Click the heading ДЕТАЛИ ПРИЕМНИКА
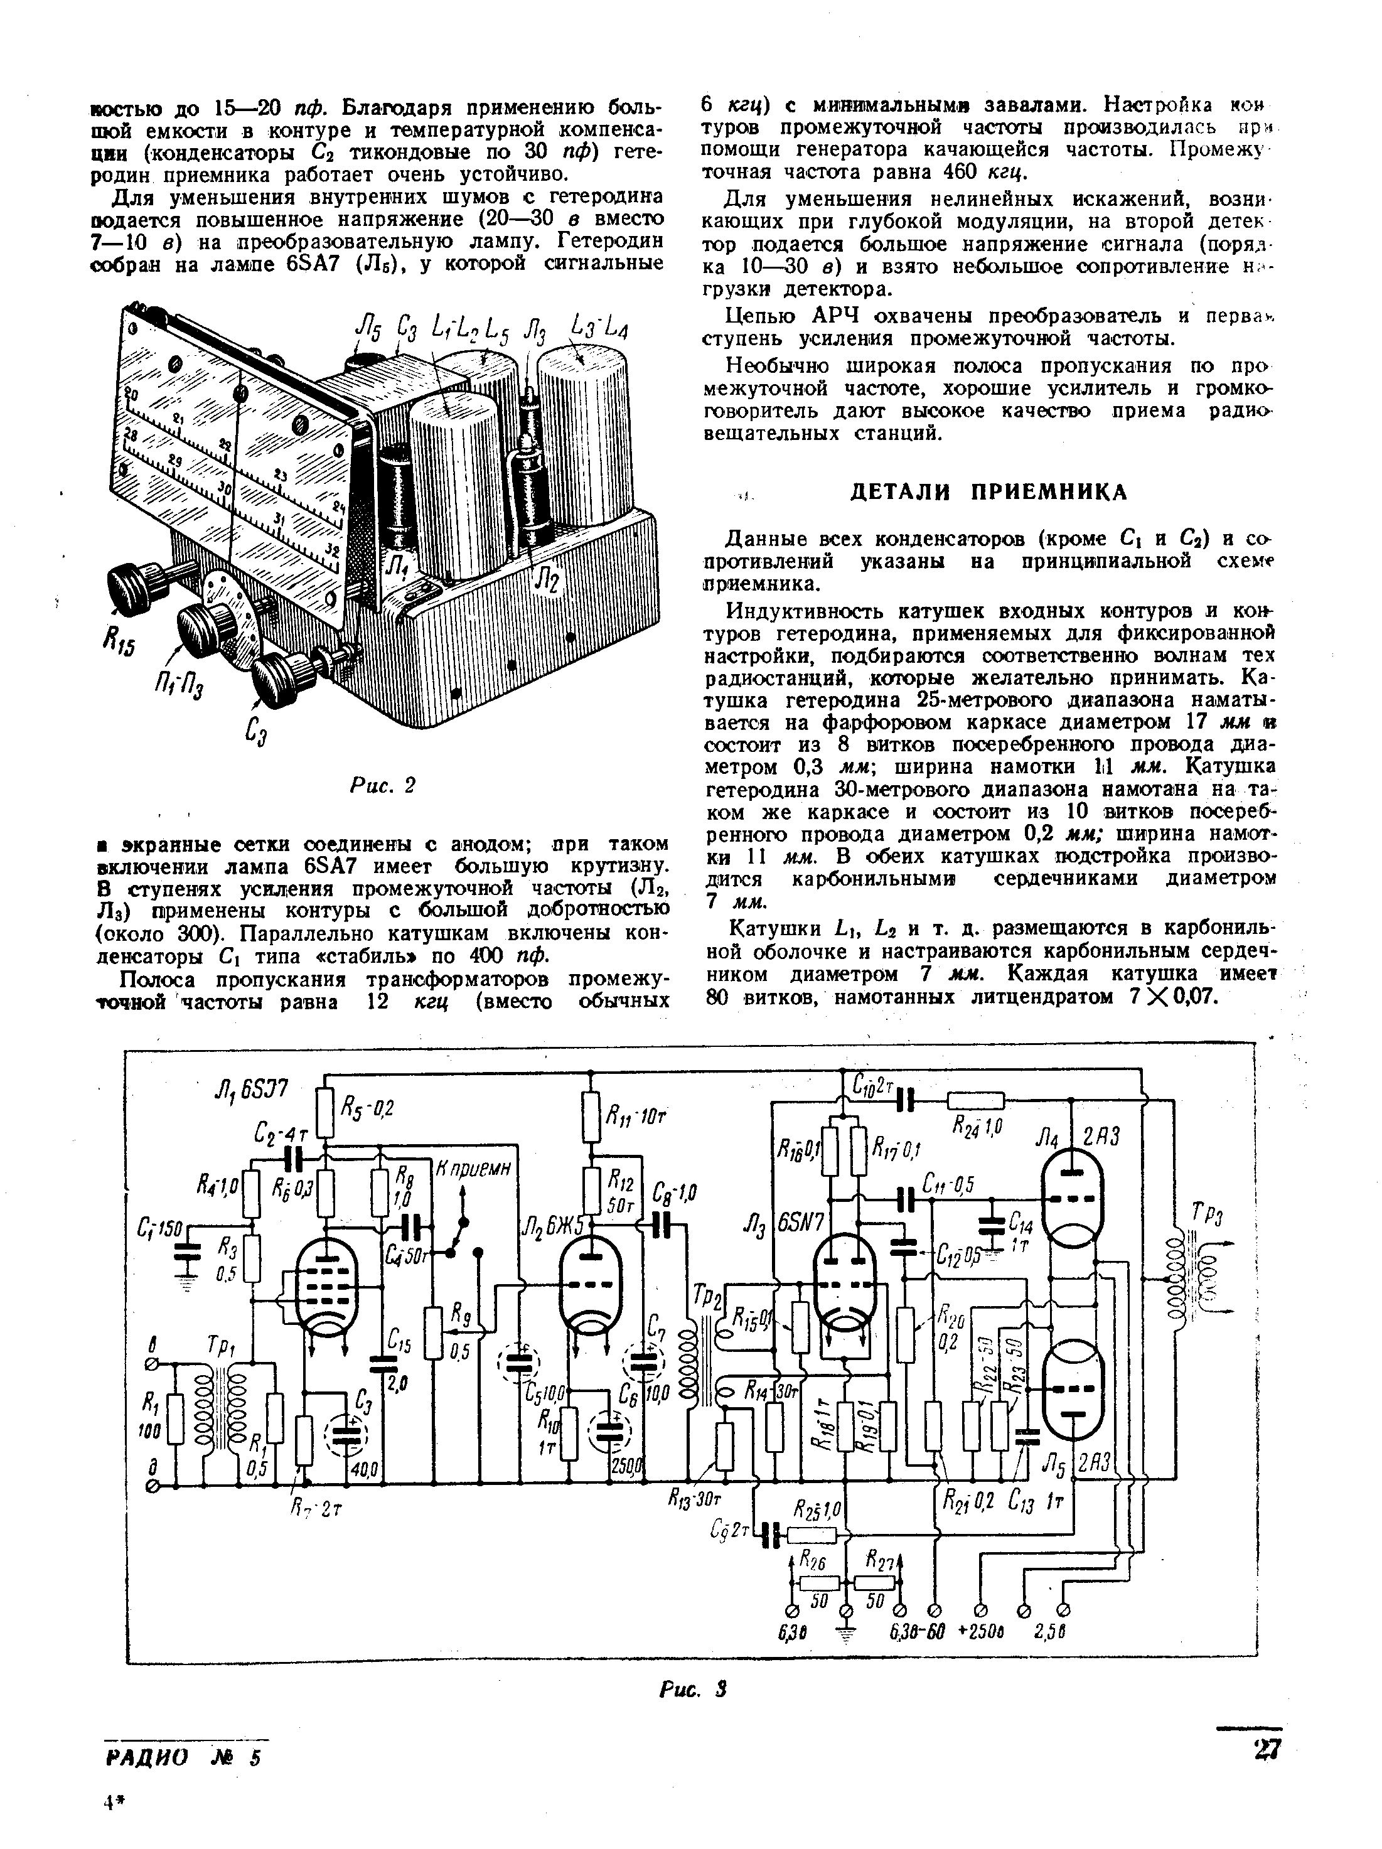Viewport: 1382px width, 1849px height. [988, 491]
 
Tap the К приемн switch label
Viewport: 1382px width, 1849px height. [473, 1169]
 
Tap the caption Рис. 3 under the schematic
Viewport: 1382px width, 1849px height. [692, 1690]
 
